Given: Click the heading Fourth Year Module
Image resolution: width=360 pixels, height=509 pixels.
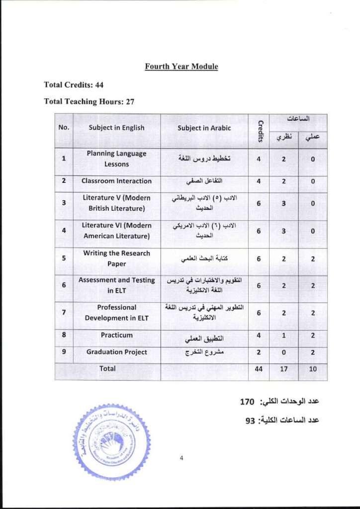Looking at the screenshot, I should click(181, 67).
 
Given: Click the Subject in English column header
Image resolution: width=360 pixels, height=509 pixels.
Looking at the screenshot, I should click(116, 128).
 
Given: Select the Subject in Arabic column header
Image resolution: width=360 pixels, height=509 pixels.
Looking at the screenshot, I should click(204, 128).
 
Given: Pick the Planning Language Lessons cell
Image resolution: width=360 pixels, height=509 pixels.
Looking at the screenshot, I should click(116, 159).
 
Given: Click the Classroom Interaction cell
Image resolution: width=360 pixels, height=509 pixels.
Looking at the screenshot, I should click(116, 181).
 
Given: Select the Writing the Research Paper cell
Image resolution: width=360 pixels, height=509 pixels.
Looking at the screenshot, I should click(116, 258).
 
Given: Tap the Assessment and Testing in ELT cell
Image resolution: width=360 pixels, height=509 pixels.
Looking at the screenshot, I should click(116, 285).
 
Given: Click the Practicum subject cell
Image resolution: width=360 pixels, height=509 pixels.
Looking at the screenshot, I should click(116, 335).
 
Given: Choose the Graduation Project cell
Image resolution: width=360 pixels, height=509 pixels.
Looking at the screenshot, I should click(116, 352).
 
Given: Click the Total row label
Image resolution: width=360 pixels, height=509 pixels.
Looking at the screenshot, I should click(107, 369).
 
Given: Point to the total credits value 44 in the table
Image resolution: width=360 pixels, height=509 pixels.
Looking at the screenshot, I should click(259, 369).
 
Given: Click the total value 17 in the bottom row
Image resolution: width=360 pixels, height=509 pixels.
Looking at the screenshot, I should click(283, 369).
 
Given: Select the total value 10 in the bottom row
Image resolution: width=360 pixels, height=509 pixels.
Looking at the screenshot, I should click(312, 369).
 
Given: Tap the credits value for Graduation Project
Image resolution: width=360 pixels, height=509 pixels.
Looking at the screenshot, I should click(259, 352).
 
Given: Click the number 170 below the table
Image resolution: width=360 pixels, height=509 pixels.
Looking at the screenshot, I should click(247, 402).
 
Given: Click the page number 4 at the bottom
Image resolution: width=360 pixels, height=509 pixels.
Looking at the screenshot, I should click(181, 458).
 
